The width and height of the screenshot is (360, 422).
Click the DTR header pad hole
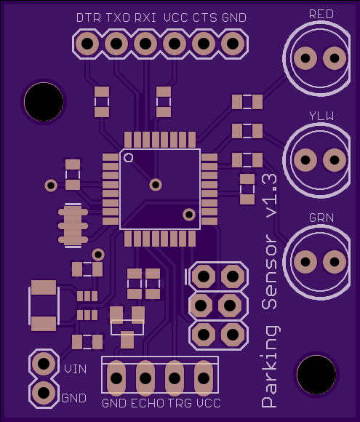coord(87,44)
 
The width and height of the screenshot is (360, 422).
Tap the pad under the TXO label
coord(116,44)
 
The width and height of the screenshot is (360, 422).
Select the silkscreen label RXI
coord(145,17)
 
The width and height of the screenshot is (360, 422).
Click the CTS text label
coord(205,17)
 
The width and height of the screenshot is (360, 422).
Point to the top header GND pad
coord(233,44)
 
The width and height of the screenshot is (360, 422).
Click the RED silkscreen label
coord(321,14)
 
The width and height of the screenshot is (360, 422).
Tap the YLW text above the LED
coord(321,116)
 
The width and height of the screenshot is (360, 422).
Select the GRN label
coord(321,218)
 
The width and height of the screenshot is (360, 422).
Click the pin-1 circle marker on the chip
coord(128,158)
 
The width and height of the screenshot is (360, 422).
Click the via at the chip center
coord(156,185)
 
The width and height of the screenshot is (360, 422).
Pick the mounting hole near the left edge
coord(44,102)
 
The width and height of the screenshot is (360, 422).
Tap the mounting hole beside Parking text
coord(316,375)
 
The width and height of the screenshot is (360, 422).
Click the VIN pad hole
coord(44,364)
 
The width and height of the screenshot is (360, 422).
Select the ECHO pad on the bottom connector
coord(145,378)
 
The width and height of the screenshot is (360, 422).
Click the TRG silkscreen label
coord(180,403)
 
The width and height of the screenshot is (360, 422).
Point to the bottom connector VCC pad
coord(204,378)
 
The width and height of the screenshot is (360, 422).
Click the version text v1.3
coord(269,196)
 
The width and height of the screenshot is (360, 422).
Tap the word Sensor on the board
coord(269,272)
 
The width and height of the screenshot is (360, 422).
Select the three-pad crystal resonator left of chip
coord(73,226)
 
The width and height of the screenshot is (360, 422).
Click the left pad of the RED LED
coord(305,58)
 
